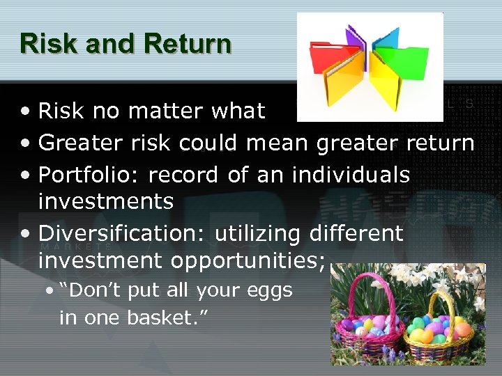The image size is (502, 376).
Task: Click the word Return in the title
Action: (187, 43)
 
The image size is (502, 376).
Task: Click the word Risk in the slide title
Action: (43, 43)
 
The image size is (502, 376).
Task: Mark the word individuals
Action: (351, 174)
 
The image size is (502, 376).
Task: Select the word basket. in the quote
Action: (167, 318)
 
